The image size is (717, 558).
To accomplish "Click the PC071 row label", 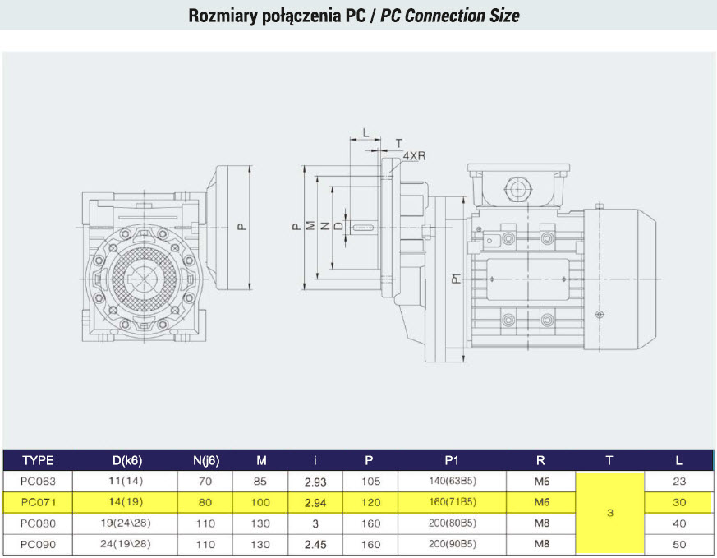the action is [39, 502].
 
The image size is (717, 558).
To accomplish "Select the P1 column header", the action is [452, 460].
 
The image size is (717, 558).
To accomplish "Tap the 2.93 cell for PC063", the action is [315, 482].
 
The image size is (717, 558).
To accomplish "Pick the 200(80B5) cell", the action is [453, 523].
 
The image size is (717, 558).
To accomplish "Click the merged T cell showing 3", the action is [610, 513].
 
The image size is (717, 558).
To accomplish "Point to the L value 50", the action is [679, 544].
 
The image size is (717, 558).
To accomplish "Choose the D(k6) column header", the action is [127, 460].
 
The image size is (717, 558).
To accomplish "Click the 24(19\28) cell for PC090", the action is [126, 544].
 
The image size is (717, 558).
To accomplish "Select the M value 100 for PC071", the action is [260, 502].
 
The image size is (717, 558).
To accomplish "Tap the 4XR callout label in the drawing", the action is [414, 156].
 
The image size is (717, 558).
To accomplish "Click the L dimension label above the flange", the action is [365, 132].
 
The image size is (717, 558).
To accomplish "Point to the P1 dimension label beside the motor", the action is [457, 279].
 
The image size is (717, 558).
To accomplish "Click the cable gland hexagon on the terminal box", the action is [517, 188].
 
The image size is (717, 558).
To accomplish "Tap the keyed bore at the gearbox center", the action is [144, 279].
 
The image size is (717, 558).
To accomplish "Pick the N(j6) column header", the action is [206, 460].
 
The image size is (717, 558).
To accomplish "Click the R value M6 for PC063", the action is [542, 482].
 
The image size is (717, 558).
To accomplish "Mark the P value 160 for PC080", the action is [370, 523].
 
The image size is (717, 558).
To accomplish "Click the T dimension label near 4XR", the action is [399, 143].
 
